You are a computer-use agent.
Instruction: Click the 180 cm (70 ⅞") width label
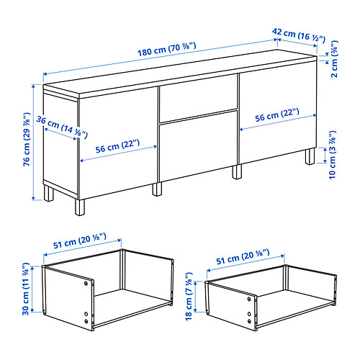point(167,49)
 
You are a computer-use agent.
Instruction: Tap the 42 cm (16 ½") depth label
point(299,35)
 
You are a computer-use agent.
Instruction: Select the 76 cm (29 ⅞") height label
point(27,139)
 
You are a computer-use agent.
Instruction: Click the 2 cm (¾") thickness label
point(335,59)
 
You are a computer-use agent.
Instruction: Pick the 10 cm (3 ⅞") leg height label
point(333,155)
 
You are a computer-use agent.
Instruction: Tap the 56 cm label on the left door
point(117,146)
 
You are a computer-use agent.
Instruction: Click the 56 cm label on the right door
point(277,115)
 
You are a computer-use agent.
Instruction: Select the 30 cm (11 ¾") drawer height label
point(26,289)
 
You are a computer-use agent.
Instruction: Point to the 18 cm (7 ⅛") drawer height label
point(189,296)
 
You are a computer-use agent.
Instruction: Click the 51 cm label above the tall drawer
point(79,241)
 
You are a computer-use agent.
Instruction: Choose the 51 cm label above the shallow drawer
point(243,256)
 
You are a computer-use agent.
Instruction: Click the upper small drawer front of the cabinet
point(199,98)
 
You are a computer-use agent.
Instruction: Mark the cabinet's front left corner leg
point(80,207)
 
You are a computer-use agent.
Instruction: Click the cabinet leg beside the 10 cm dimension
point(310,156)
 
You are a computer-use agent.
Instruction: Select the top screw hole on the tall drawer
point(86,283)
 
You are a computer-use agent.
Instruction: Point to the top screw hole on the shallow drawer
point(249,299)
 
